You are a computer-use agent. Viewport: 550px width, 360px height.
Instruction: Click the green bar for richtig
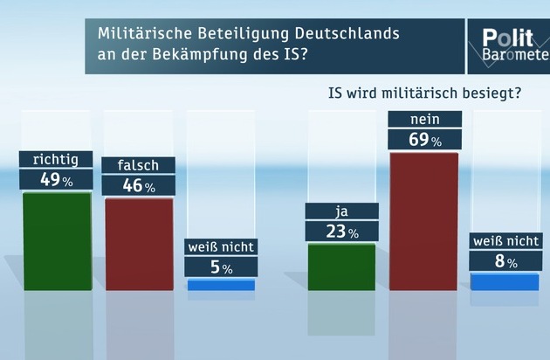[x=58, y=241]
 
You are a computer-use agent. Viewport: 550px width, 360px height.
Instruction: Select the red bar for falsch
[x=140, y=245]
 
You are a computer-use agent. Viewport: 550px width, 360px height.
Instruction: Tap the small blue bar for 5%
[x=221, y=285]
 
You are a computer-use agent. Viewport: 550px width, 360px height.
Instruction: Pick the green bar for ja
[x=341, y=267]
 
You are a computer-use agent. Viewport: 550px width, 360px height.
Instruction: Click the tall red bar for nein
[x=423, y=222]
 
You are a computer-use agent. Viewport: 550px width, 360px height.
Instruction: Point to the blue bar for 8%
[x=505, y=282]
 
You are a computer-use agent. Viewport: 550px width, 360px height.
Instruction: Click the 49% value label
[x=56, y=180]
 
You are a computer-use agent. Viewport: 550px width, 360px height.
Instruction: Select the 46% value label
[x=139, y=185]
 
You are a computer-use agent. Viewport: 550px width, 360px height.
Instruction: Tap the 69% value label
[x=425, y=140]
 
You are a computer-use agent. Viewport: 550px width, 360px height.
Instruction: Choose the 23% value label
[x=342, y=231]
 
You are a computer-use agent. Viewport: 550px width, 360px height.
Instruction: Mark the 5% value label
[x=221, y=267]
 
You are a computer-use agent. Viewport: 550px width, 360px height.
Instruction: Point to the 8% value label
[x=505, y=261]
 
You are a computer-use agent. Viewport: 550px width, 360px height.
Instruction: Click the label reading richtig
[x=56, y=159]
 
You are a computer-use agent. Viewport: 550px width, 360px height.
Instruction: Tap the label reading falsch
[x=139, y=165]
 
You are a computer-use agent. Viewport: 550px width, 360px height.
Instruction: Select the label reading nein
[x=425, y=120]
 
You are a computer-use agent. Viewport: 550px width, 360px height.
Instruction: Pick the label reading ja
[x=342, y=211]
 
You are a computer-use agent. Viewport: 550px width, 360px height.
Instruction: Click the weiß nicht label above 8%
[x=505, y=241]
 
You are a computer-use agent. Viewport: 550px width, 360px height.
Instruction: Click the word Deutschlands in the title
[x=347, y=34]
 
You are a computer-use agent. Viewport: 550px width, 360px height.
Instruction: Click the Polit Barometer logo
[x=509, y=46]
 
